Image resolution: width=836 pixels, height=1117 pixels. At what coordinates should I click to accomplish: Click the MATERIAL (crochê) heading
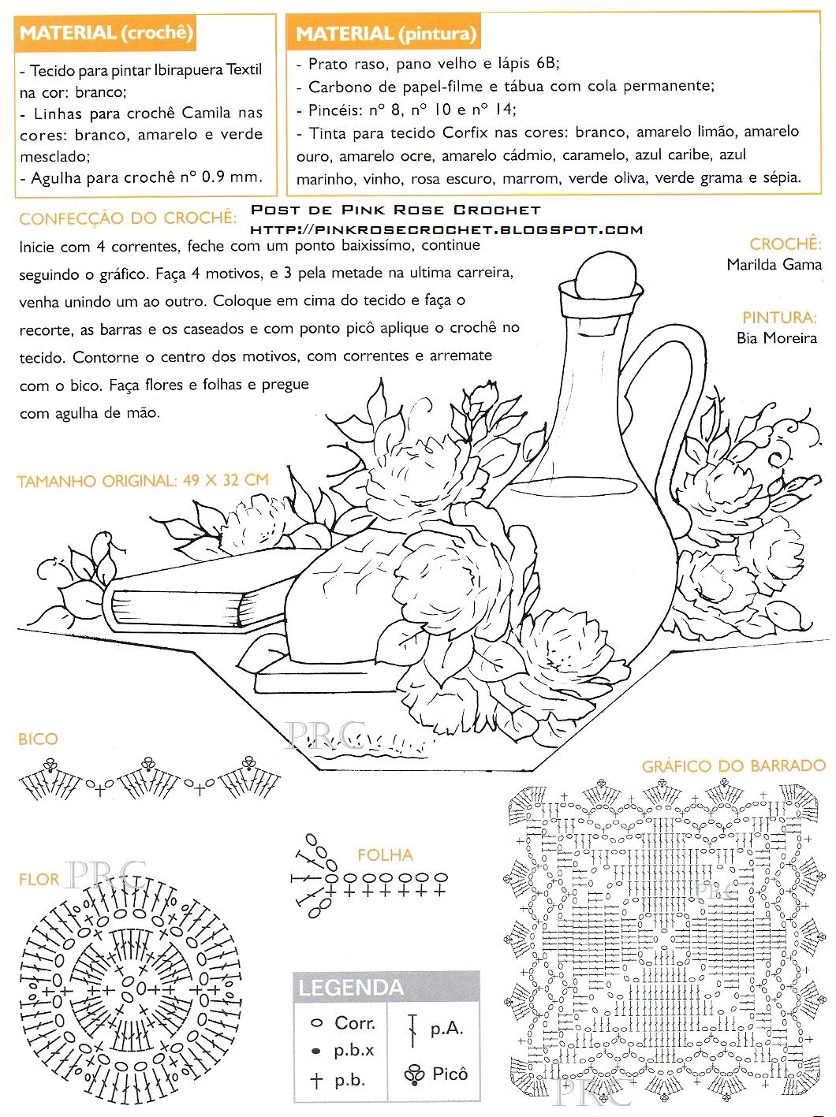click(x=106, y=33)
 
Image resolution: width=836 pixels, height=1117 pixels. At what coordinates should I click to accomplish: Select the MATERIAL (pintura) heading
click(x=386, y=34)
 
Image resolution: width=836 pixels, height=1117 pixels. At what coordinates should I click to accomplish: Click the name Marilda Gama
click(x=774, y=265)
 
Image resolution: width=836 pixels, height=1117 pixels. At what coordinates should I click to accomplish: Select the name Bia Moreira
click(x=776, y=338)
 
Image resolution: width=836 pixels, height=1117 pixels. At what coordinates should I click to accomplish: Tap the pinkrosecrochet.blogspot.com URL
click(x=446, y=229)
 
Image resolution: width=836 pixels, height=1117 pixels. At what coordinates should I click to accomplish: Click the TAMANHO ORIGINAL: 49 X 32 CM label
click(x=143, y=480)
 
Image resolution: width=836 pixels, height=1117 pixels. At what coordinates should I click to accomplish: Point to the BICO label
click(x=38, y=739)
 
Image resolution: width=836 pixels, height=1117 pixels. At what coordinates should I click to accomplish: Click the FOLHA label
click(x=385, y=855)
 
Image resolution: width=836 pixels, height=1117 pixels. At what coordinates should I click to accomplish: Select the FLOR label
click(x=39, y=879)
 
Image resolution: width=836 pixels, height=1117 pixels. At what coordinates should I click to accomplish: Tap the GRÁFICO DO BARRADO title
click(x=733, y=765)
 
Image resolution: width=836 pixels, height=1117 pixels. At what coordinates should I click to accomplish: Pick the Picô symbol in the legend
click(x=414, y=1074)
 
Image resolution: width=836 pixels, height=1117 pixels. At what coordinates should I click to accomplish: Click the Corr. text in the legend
click(x=355, y=1023)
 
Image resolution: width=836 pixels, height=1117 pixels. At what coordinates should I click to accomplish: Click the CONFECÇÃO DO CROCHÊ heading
click(x=127, y=218)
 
